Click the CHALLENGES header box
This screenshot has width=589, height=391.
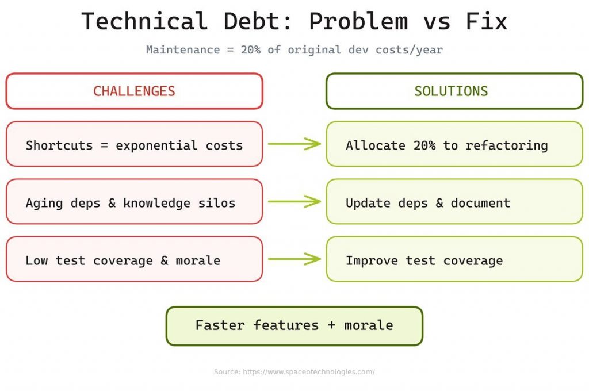[x=134, y=91]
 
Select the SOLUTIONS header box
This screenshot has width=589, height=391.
[x=454, y=91]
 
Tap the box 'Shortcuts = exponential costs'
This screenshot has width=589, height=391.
[x=134, y=144]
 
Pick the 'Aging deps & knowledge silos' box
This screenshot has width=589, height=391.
[x=134, y=202]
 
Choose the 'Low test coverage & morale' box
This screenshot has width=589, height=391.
[x=134, y=259]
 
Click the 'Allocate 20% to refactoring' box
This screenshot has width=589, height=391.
[x=454, y=144]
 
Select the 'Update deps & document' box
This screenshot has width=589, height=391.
[x=454, y=202]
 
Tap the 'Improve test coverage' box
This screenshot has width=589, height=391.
[x=454, y=259]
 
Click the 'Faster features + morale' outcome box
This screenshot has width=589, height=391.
[x=294, y=325]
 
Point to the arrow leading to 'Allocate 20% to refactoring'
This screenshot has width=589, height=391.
[x=294, y=144]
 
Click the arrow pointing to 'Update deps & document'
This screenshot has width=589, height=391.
[x=294, y=201]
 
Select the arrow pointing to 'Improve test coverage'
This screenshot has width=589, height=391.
[x=294, y=259]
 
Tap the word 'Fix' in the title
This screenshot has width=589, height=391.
[x=487, y=22]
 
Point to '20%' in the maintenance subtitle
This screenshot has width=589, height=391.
[x=251, y=50]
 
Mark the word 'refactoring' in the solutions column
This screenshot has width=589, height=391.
[x=507, y=145]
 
